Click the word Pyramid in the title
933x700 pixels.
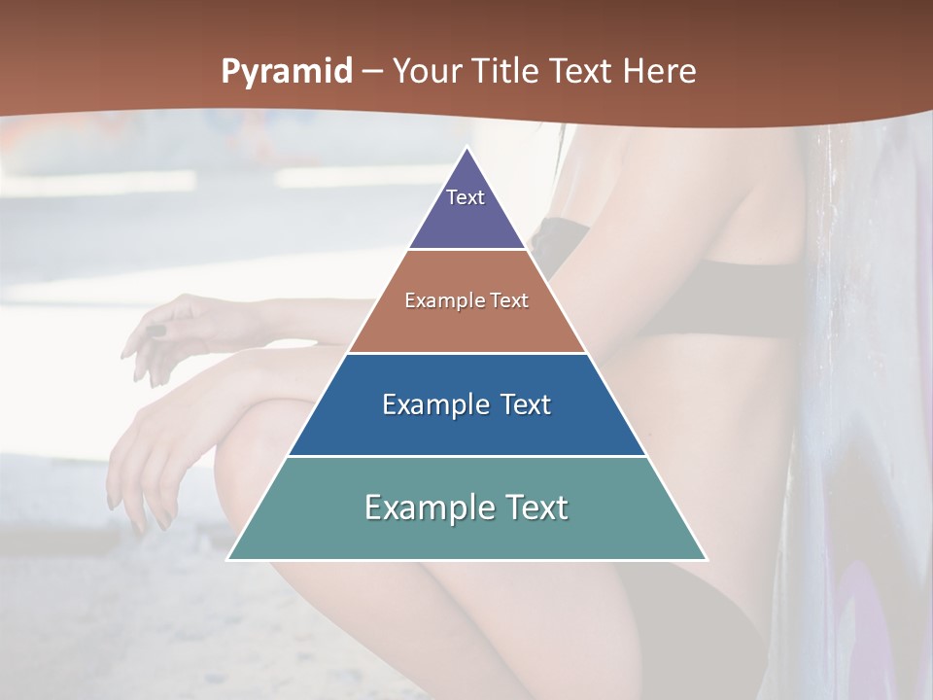pos(286,72)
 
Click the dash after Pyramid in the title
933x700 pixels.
pos(372,72)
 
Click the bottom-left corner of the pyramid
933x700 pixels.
pos(228,559)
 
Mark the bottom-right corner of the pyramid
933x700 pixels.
pos(707,559)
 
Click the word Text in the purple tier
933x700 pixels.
pos(465,197)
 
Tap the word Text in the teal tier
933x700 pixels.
pos(534,507)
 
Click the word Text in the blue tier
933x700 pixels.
pos(527,404)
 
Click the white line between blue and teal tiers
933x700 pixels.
pos(466,456)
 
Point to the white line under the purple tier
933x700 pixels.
pos(466,250)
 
